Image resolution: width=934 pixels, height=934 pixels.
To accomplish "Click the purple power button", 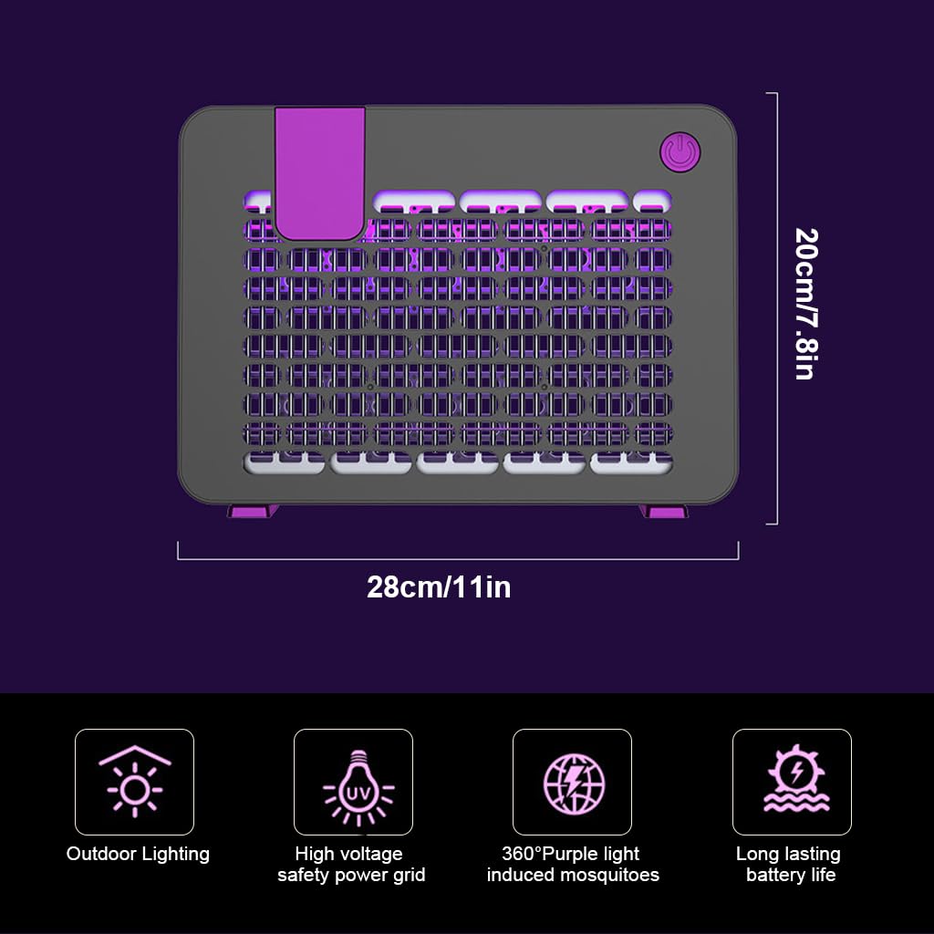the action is (x=680, y=152).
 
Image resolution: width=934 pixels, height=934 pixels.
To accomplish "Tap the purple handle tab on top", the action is (x=320, y=172).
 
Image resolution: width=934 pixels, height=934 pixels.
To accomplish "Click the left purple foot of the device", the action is (x=253, y=511).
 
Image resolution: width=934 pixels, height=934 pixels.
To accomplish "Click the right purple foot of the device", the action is (x=664, y=511).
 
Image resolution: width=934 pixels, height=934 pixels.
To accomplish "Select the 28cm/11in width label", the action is (x=439, y=587).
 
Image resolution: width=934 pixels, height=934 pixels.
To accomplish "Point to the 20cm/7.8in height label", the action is (x=808, y=304).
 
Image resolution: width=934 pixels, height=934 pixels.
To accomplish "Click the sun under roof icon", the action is (x=135, y=781).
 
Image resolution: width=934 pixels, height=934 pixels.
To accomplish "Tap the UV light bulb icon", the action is (x=358, y=787).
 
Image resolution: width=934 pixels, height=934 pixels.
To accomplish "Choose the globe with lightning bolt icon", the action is (x=574, y=784).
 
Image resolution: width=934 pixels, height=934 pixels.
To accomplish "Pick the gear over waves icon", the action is (x=796, y=778).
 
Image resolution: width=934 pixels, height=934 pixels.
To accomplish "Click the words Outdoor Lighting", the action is (x=138, y=854).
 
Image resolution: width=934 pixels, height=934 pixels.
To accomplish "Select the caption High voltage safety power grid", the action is (x=351, y=865).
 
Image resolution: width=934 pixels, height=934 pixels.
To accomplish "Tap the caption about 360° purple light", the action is (x=573, y=865).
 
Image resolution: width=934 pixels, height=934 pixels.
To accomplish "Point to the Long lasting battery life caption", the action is (x=789, y=865).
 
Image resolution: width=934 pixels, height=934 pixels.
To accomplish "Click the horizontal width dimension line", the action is (x=458, y=559).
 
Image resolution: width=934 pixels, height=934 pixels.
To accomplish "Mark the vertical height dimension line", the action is (x=777, y=308).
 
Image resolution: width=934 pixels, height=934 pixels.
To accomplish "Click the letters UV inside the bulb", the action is (x=358, y=794).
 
